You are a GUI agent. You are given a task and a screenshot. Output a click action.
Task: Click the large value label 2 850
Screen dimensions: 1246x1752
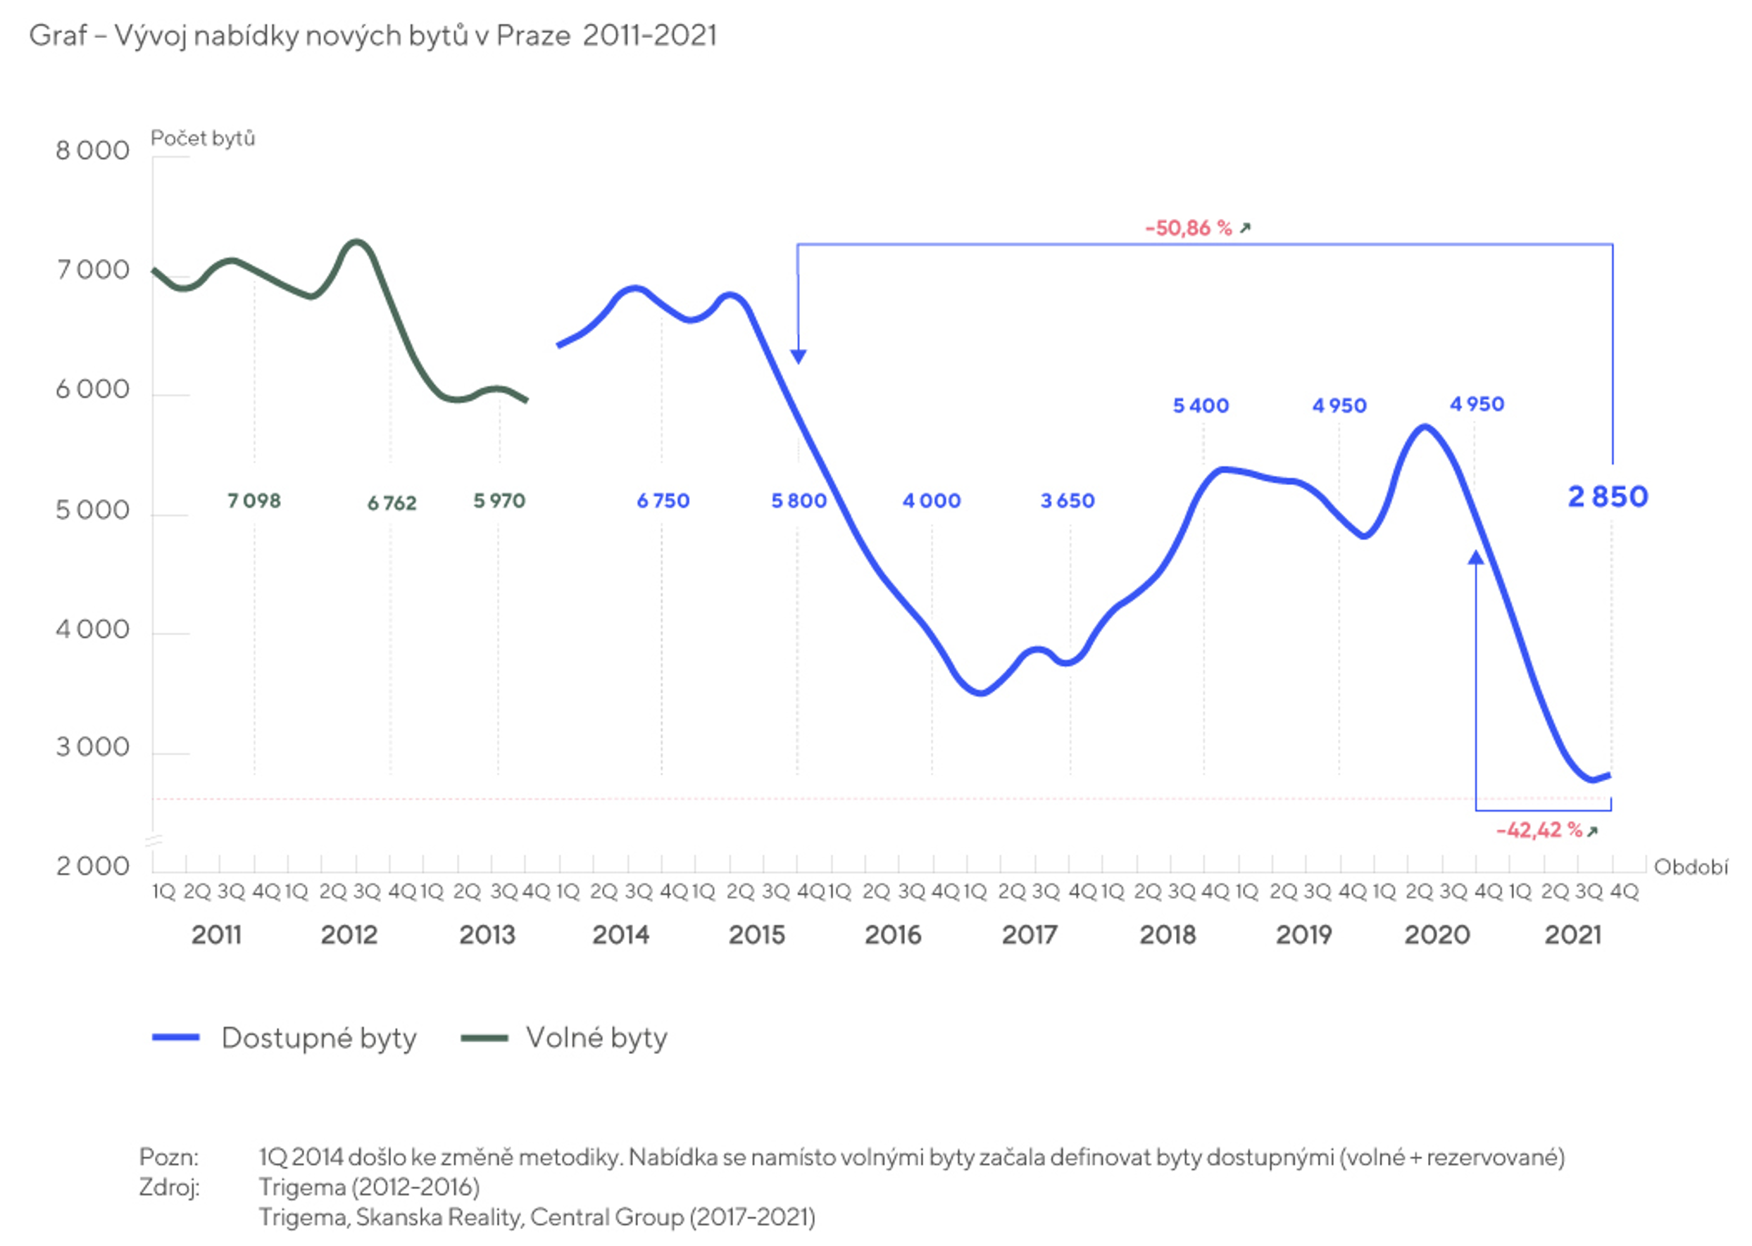point(1607,497)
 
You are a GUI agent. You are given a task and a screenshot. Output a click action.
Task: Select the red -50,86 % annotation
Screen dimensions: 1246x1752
point(1188,228)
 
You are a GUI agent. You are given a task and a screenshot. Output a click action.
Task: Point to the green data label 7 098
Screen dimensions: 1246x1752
point(254,501)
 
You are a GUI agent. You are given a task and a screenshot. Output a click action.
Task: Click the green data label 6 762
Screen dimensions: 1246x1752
point(392,503)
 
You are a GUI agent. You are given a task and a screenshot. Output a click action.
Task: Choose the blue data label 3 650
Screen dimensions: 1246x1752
point(1067,501)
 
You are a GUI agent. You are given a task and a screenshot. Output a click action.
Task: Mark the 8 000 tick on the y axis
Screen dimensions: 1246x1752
point(93,151)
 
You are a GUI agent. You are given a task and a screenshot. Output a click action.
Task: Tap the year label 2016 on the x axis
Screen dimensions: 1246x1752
point(892,935)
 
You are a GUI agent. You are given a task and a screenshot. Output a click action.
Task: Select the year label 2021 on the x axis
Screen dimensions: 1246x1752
point(1572,935)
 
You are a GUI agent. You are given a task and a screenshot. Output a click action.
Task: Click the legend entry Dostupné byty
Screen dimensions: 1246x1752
point(318,1038)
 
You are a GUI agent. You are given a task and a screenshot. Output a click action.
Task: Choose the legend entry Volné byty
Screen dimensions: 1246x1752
point(596,1038)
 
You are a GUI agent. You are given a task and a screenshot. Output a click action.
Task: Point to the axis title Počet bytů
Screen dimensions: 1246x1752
point(203,138)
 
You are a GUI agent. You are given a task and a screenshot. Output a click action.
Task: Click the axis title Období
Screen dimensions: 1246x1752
point(1691,867)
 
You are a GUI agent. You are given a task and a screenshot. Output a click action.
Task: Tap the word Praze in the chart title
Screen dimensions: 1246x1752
point(532,35)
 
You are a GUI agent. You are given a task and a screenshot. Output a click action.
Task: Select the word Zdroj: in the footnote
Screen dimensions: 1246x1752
point(170,1187)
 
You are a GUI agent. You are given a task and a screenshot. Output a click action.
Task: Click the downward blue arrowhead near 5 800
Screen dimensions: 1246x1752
point(798,356)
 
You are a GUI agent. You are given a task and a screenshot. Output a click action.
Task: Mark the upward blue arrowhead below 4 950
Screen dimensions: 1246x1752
point(1475,558)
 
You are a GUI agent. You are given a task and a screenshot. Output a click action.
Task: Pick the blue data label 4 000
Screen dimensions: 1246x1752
point(931,501)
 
